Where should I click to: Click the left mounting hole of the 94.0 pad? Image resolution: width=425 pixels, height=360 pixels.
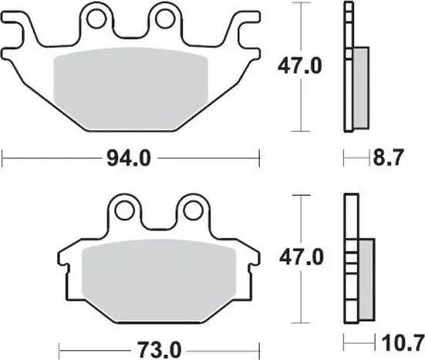pos(97,16)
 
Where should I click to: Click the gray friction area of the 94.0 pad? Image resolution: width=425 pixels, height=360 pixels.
pos(131,85)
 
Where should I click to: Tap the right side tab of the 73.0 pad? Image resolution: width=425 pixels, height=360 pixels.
pos(248,257)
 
